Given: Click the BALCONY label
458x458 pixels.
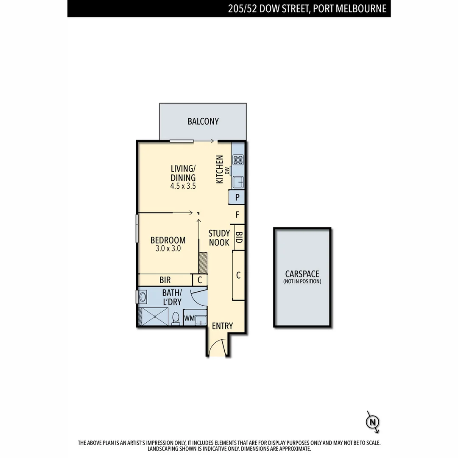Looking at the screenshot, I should point(203,122).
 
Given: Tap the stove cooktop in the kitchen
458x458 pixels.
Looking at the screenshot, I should point(238,160).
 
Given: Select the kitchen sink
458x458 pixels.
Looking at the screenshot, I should point(238,182).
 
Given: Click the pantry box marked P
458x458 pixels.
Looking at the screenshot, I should point(237,197).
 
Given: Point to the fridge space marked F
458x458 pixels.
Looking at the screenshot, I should point(237,215).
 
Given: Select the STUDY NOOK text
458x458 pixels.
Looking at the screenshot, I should point(219,238).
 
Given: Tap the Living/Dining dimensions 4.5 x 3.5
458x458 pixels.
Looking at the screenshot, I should point(183,186).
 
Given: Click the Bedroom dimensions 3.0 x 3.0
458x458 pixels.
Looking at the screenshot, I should point(168,249).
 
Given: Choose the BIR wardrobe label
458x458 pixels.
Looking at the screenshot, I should point(165,280).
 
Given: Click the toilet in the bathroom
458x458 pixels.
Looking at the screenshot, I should point(176,318).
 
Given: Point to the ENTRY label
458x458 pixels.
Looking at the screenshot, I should point(222,326).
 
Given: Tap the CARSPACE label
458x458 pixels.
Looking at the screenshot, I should point(302,274).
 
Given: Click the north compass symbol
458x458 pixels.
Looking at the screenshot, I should point(372,422).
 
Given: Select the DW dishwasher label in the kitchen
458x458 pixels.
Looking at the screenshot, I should point(227,171).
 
